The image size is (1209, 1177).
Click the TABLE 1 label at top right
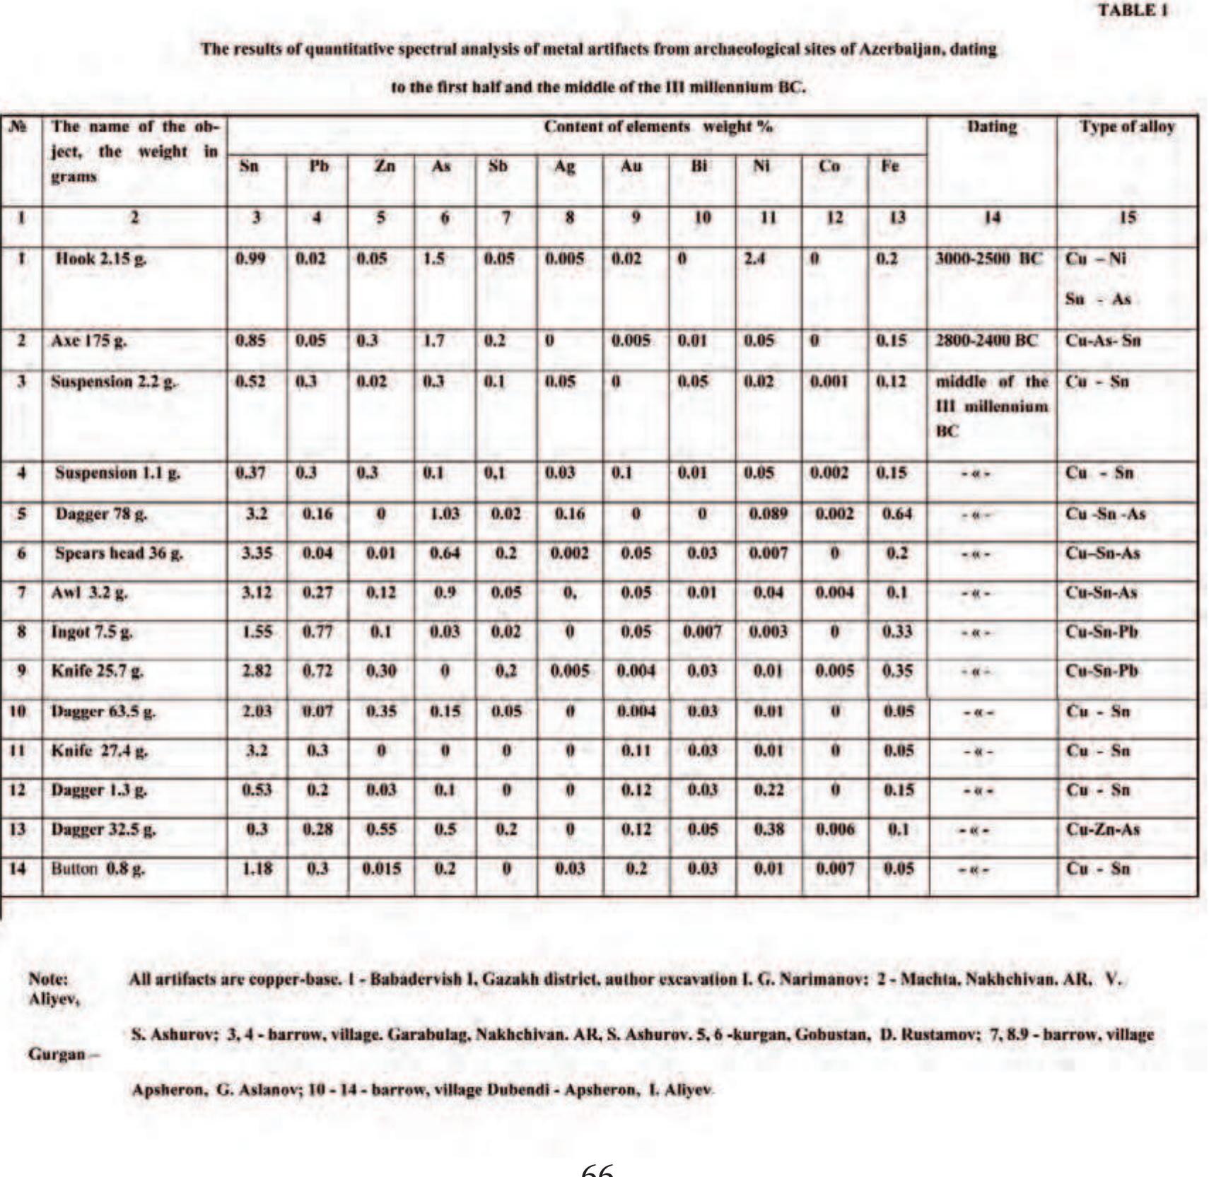tap(1132, 11)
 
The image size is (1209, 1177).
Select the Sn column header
tap(249, 166)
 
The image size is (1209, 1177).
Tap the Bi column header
tap(699, 166)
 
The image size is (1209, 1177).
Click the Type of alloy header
tap(1126, 127)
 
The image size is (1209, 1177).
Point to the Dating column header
tap(991, 127)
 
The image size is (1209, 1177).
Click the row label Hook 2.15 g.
tap(101, 259)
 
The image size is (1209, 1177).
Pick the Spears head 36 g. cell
tap(119, 553)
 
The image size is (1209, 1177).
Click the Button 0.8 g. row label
tap(98, 868)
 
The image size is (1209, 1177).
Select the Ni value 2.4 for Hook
tap(754, 259)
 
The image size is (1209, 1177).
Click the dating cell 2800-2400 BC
tap(986, 341)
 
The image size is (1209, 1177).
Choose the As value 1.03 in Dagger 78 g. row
tap(444, 513)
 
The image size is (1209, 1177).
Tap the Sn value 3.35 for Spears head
tap(257, 553)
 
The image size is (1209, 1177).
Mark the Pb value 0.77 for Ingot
tap(317, 631)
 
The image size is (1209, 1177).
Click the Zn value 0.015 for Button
tap(381, 868)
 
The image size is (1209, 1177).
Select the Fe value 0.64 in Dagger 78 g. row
tap(896, 513)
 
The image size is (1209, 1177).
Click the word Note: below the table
tap(48, 979)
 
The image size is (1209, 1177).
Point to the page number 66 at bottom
tap(597, 1170)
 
